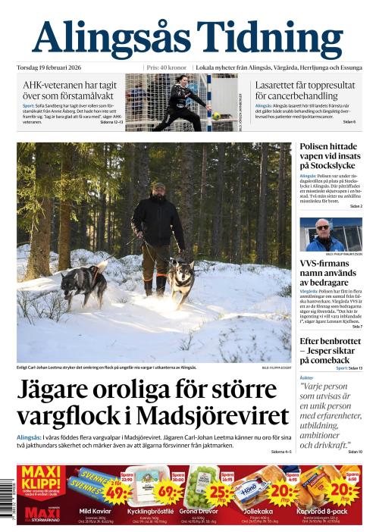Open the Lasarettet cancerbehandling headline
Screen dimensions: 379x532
coord(305,91)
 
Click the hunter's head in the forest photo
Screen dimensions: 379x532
coord(158,189)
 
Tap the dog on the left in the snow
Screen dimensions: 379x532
coord(83,283)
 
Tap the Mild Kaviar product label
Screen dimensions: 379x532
coord(89,512)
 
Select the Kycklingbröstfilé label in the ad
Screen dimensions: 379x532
coord(143,512)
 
